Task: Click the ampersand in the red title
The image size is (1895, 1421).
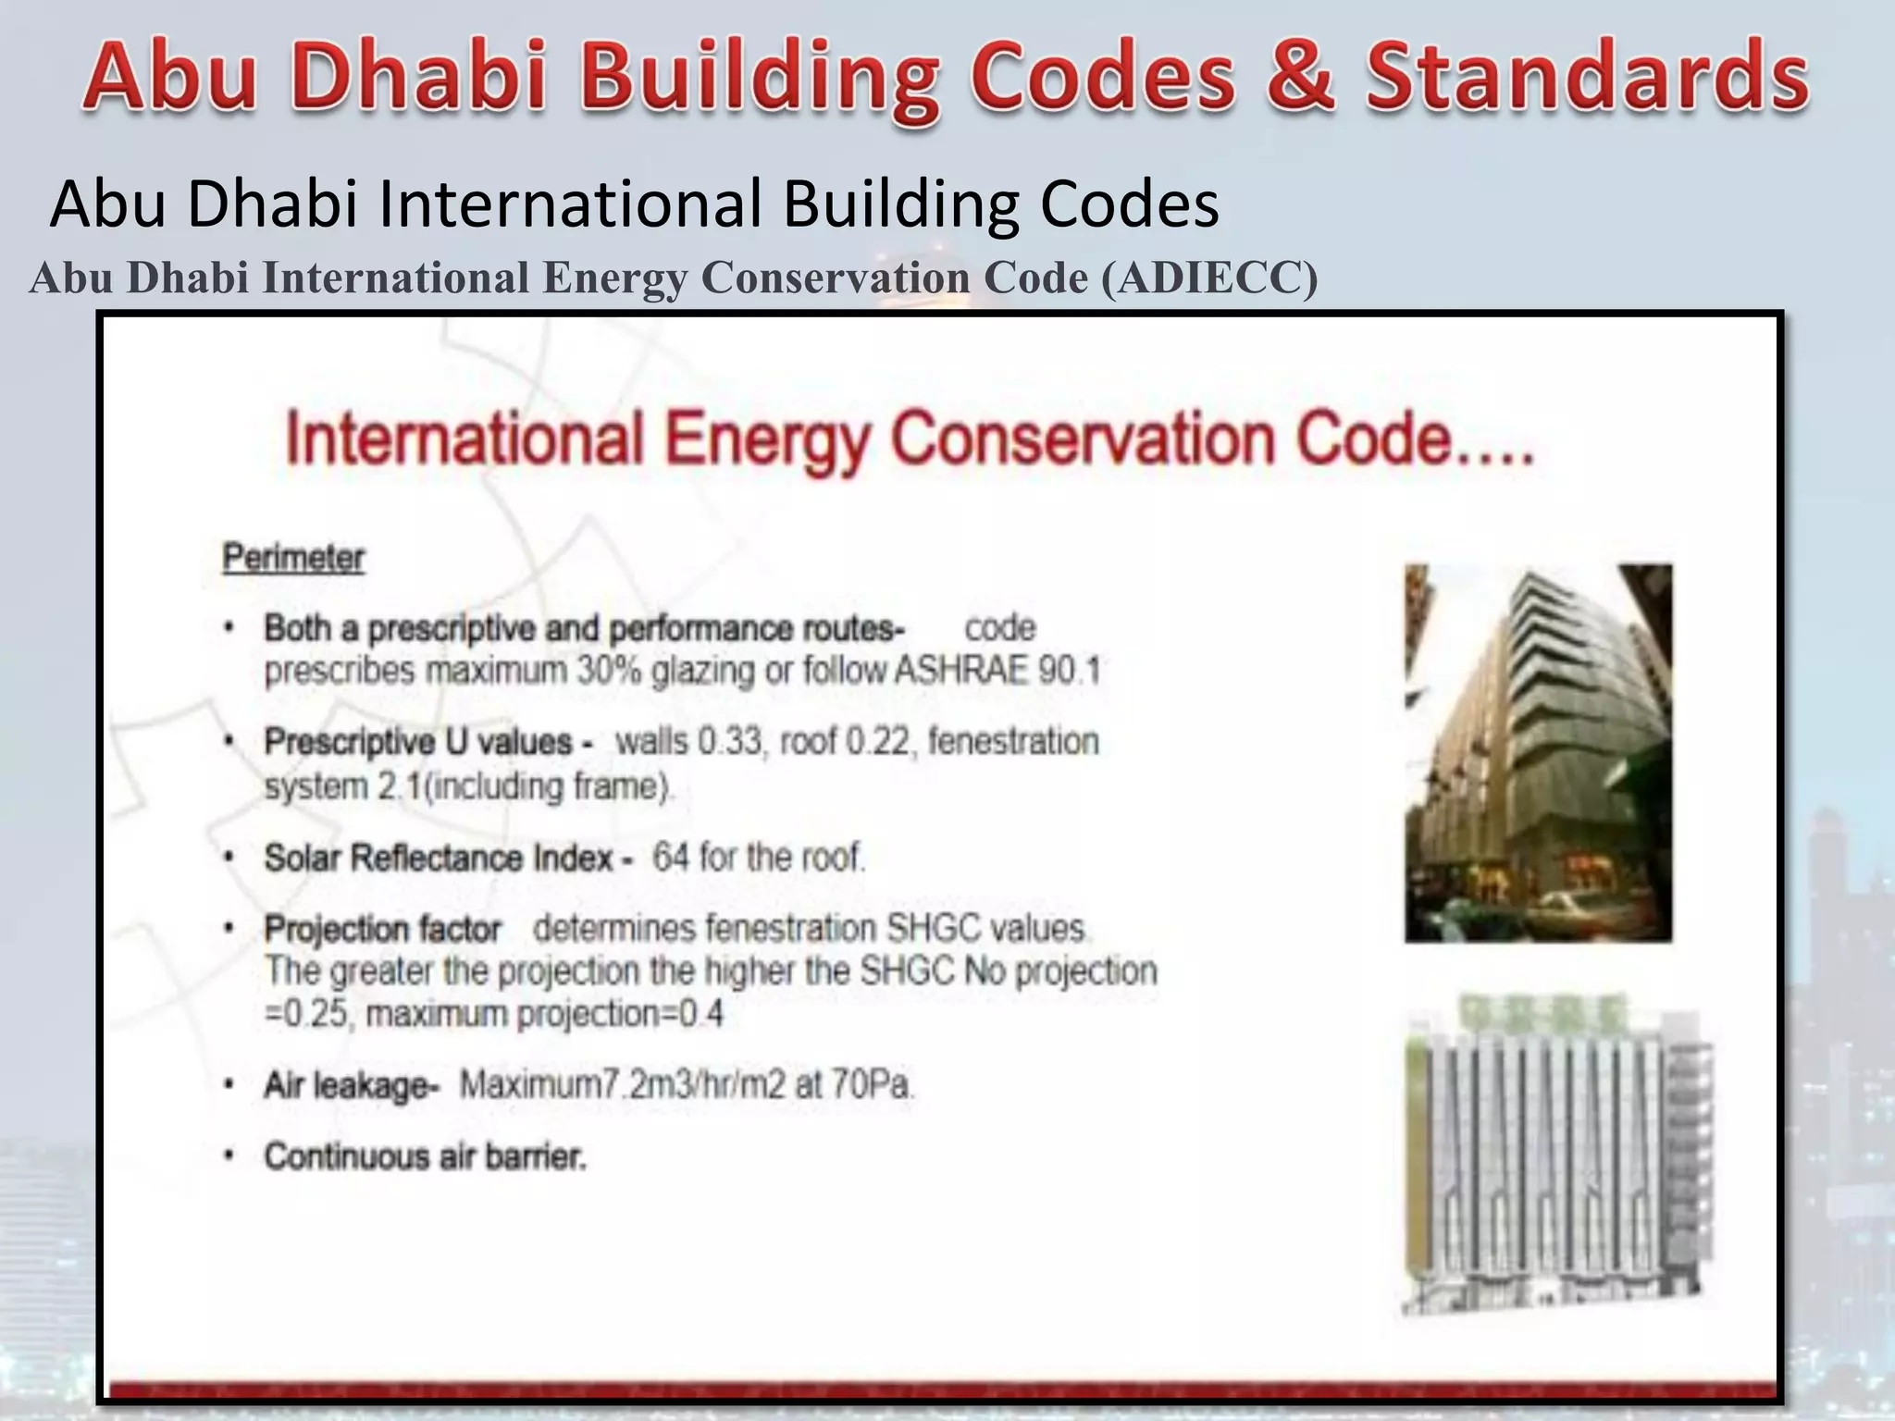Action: pos(1300,76)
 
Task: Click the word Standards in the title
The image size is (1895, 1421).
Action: pos(1588,76)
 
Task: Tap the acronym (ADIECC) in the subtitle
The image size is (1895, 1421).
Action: pos(1209,278)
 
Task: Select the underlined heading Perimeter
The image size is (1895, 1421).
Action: pos(293,558)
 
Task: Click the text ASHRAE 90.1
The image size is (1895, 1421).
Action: pos(997,670)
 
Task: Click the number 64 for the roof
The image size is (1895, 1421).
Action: pos(671,858)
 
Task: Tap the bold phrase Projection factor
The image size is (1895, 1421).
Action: pos(382,928)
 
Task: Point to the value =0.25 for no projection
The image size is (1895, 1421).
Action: pos(305,1015)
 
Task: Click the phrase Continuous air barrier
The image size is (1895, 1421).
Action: pos(425,1156)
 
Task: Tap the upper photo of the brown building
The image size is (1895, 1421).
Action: pos(1538,753)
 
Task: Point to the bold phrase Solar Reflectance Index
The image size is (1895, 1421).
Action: pos(440,858)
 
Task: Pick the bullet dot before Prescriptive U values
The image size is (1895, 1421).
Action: pos(229,742)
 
